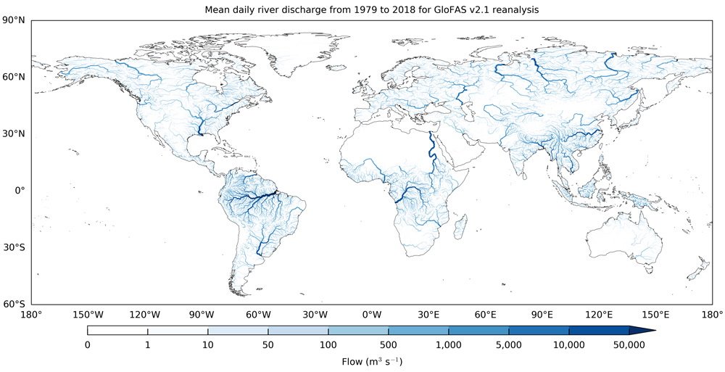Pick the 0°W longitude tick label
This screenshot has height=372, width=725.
tap(372, 315)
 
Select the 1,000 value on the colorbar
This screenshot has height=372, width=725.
tap(448, 345)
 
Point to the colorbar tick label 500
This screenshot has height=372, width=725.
tap(388, 345)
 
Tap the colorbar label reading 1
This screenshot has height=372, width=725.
tap(147, 345)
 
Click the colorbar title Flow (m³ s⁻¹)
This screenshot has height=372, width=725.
tap(372, 360)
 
